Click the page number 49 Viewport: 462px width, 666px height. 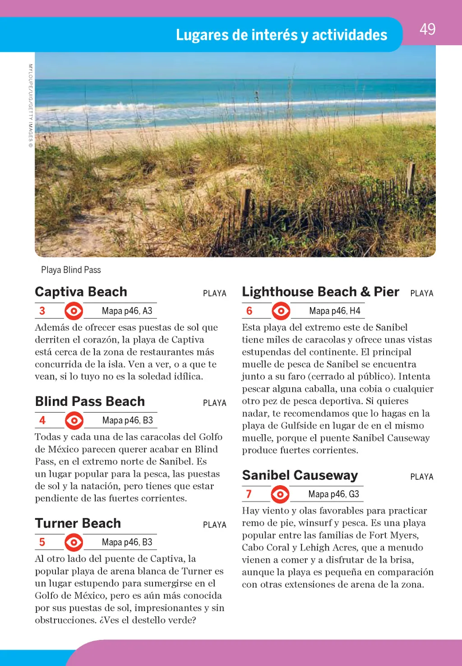(427, 29)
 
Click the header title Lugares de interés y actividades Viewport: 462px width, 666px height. (282, 35)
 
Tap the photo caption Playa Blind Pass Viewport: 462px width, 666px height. (71, 270)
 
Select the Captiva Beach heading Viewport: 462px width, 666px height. (81, 292)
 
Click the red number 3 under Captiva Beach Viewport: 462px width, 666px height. (42, 311)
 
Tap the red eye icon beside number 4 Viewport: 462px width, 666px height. (74, 420)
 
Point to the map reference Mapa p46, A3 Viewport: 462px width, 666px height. (127, 311)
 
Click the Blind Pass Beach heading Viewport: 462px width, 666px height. (90, 401)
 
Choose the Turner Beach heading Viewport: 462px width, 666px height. (78, 523)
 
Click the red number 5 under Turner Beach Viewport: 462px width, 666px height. (42, 542)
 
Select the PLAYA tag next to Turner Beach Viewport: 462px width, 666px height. (215, 525)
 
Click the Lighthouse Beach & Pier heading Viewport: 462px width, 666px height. (320, 292)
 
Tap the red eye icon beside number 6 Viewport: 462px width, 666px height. (281, 311)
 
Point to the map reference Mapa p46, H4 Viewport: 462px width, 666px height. (334, 311)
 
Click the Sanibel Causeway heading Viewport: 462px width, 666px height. (300, 475)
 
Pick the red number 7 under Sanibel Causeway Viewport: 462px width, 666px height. (249, 494)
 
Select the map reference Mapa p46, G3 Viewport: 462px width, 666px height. (333, 494)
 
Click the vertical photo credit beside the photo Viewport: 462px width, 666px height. (31, 106)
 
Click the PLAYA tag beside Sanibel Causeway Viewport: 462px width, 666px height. (422, 477)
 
